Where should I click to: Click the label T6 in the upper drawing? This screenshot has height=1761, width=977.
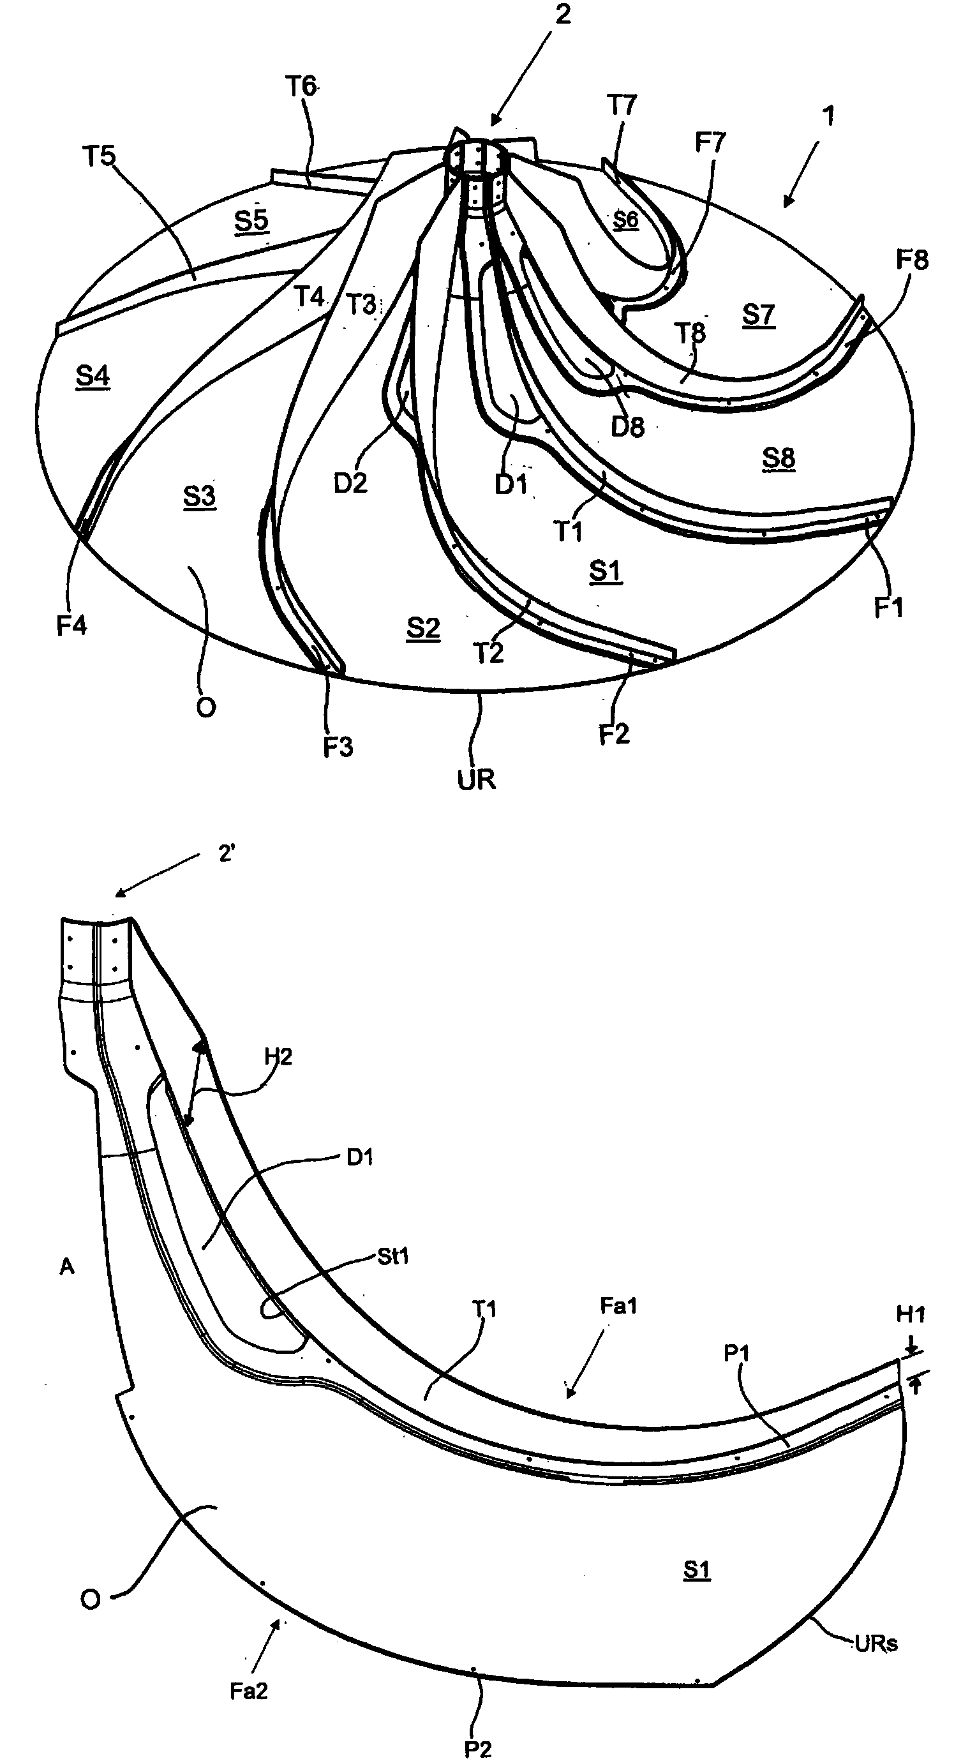[301, 87]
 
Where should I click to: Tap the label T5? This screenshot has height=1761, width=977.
[99, 156]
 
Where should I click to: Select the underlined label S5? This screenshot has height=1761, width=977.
[251, 220]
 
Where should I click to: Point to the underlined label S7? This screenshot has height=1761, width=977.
[758, 315]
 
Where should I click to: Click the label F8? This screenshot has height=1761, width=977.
[912, 260]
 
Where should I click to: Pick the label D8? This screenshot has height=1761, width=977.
[627, 426]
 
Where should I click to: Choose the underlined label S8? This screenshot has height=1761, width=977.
[779, 458]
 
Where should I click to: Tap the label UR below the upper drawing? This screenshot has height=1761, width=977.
[476, 779]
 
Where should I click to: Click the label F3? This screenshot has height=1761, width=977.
[338, 747]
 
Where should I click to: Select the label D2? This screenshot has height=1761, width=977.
[350, 483]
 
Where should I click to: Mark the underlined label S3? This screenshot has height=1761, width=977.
[200, 497]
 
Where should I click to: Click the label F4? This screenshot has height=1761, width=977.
[71, 625]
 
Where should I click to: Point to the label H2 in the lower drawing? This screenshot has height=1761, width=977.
[278, 1057]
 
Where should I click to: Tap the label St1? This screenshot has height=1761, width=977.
[392, 1256]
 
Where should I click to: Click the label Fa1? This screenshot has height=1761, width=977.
[618, 1306]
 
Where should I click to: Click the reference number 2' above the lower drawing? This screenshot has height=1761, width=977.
[227, 854]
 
